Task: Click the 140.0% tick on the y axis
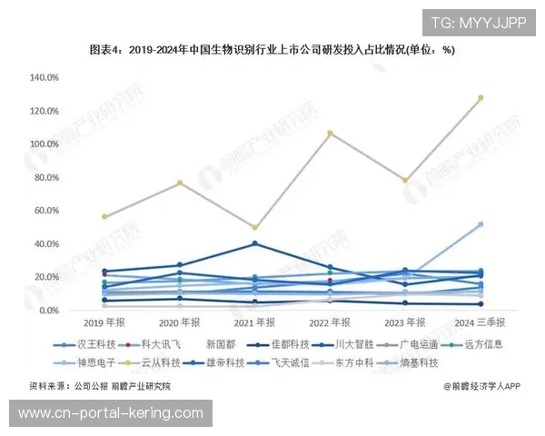click(45, 78)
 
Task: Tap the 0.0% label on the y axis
click(49, 311)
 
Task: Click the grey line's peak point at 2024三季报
click(481, 97)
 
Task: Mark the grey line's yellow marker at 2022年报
click(330, 134)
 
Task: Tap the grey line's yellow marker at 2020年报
click(180, 183)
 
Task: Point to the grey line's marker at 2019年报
click(105, 216)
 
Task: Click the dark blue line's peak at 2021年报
click(255, 243)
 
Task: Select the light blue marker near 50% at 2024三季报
click(481, 223)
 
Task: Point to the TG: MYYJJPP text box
click(477, 23)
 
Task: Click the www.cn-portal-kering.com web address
click(111, 413)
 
